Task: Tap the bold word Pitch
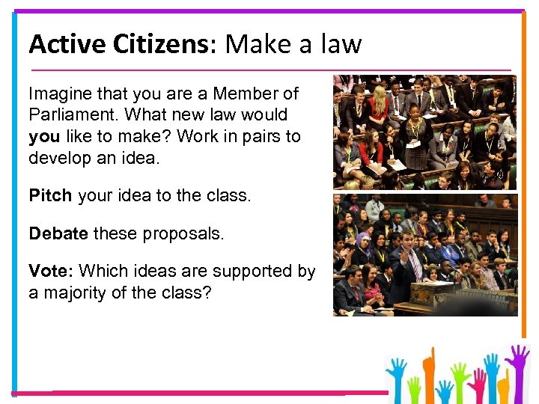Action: click(x=49, y=196)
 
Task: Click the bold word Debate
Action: click(x=58, y=233)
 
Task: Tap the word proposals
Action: click(x=187, y=233)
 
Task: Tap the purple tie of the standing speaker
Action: click(x=414, y=266)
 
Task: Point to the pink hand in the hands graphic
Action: click(x=475, y=382)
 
